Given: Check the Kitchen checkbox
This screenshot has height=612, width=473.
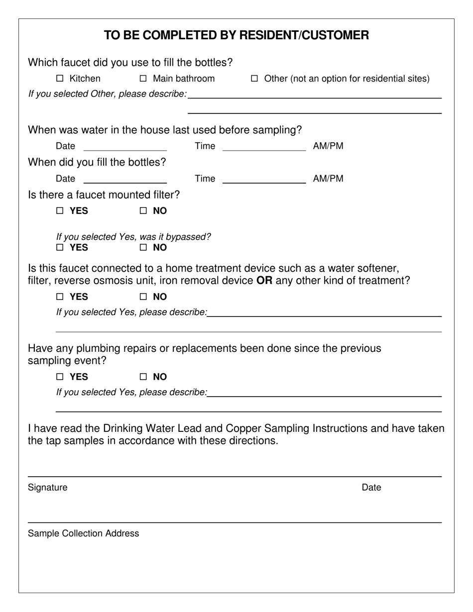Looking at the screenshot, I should click(60, 79).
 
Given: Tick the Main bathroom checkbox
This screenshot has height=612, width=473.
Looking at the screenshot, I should click(143, 79).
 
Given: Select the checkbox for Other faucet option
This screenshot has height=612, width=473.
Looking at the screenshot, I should click(254, 79).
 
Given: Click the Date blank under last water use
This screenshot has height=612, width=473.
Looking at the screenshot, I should click(125, 146).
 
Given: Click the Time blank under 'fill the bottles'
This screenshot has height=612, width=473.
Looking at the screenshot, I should click(264, 179).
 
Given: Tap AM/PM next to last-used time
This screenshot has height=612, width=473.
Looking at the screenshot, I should click(328, 146).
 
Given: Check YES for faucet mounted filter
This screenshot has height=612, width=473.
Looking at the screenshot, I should click(60, 211).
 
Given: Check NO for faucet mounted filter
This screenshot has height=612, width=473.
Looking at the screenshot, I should click(143, 211).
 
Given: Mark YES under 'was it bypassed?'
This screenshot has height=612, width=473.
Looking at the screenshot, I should click(60, 248).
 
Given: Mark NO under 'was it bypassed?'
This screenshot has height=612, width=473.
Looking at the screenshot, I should click(143, 248).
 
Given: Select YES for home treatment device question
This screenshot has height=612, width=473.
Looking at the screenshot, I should click(60, 297).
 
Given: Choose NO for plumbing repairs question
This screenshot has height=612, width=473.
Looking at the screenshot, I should click(143, 377).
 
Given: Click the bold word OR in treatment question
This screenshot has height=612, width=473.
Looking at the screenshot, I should click(264, 281).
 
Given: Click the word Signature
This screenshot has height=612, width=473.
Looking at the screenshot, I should click(48, 488).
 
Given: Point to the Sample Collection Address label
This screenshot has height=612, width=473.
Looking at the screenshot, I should click(84, 534).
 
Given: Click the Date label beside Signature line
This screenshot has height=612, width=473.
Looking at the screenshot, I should click(371, 488).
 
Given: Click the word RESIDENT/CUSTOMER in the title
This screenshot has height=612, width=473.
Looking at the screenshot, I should click(304, 35).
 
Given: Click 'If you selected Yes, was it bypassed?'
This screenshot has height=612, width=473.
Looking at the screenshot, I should click(133, 237).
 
